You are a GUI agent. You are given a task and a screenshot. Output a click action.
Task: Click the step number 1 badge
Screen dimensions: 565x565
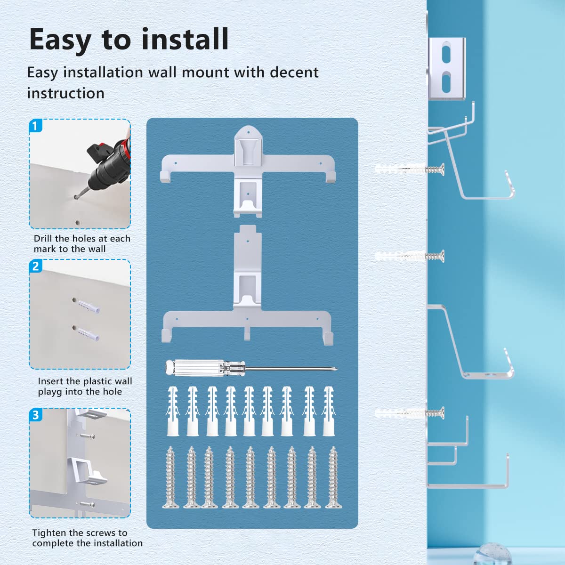tap(36, 126)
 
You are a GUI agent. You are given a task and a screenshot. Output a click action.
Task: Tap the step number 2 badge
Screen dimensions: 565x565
tap(36, 266)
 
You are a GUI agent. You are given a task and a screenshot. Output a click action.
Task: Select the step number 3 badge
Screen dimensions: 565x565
tap(36, 415)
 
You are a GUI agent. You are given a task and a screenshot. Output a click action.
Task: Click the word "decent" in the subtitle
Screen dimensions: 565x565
tap(294, 73)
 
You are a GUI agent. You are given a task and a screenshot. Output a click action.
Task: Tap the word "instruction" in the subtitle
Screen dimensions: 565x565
tap(66, 93)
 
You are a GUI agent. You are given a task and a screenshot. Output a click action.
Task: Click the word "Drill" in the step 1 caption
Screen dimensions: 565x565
tap(43, 238)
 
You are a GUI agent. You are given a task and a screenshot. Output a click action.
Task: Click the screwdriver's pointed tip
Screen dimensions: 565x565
tap(337, 369)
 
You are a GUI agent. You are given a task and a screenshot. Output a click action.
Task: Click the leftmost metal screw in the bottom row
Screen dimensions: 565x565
tap(170, 477)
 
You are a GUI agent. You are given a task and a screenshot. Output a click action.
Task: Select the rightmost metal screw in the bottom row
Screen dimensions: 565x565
tap(333, 477)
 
